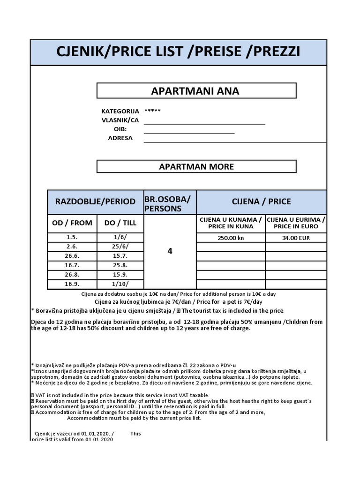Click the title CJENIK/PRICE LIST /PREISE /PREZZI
178,52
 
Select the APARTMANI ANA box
196,91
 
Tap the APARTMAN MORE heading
196,166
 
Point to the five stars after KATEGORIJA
152,111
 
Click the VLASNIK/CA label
120,120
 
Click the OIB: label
120,129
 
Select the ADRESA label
120,138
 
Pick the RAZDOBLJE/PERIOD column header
96,202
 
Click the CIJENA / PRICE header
261,202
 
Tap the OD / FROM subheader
72,223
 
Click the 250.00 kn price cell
231,238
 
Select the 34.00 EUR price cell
296,238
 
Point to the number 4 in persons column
170,251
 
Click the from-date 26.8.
72,275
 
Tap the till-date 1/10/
120,284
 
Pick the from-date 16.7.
72,265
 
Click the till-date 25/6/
120,247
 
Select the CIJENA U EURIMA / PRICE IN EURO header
296,223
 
